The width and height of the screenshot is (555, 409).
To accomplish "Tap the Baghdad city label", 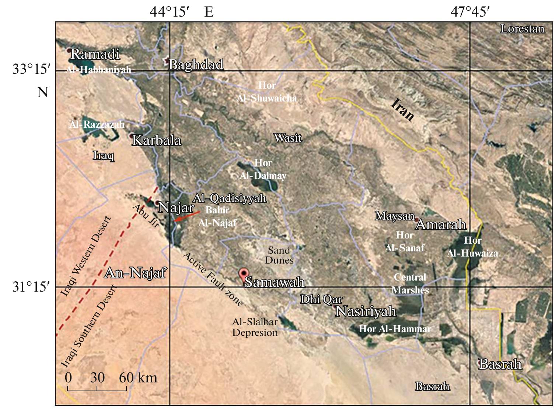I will click(196, 65).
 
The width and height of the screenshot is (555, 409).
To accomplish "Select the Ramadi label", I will click(95, 54).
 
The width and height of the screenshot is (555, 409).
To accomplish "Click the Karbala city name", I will click(157, 141).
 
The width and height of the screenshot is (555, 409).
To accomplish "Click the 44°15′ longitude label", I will click(170, 12).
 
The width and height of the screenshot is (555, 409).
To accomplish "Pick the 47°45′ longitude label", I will click(470, 12).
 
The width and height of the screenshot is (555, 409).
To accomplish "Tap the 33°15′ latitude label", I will click(31, 69).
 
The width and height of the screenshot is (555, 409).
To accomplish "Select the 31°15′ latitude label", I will click(31, 286).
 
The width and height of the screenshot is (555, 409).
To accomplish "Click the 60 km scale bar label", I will click(138, 378).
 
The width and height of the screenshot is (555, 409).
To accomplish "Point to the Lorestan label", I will click(522, 29).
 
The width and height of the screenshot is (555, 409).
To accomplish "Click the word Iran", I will click(402, 110).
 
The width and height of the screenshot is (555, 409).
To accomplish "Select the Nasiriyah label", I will click(366, 312).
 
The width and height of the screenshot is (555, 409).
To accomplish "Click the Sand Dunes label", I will click(279, 255).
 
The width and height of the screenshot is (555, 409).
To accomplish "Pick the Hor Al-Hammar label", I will click(395, 329).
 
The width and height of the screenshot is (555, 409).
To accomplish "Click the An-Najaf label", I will click(135, 273).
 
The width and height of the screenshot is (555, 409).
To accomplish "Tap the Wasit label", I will click(288, 138).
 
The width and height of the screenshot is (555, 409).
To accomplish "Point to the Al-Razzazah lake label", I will click(97, 124).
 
